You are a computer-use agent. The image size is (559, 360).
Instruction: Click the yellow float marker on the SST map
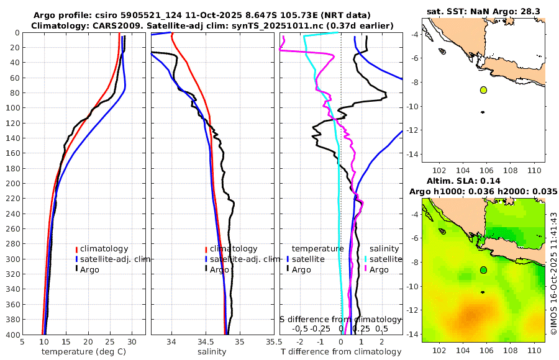click(x=483, y=90)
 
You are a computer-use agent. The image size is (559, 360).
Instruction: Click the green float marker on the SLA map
click(x=483, y=270)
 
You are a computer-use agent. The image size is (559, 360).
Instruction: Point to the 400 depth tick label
click(x=11, y=335)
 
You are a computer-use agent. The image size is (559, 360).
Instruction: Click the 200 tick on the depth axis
click(x=11, y=184)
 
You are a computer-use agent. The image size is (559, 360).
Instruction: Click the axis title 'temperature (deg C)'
click(x=83, y=352)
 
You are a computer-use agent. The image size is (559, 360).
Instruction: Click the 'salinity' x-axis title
click(x=211, y=352)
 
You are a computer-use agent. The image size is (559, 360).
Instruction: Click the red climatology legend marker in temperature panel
click(x=77, y=249)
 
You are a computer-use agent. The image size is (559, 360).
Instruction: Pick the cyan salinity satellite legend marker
click(x=366, y=259)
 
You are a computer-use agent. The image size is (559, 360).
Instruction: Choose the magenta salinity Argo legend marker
click(x=366, y=269)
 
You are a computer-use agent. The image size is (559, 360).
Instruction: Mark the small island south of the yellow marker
click(x=483, y=112)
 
